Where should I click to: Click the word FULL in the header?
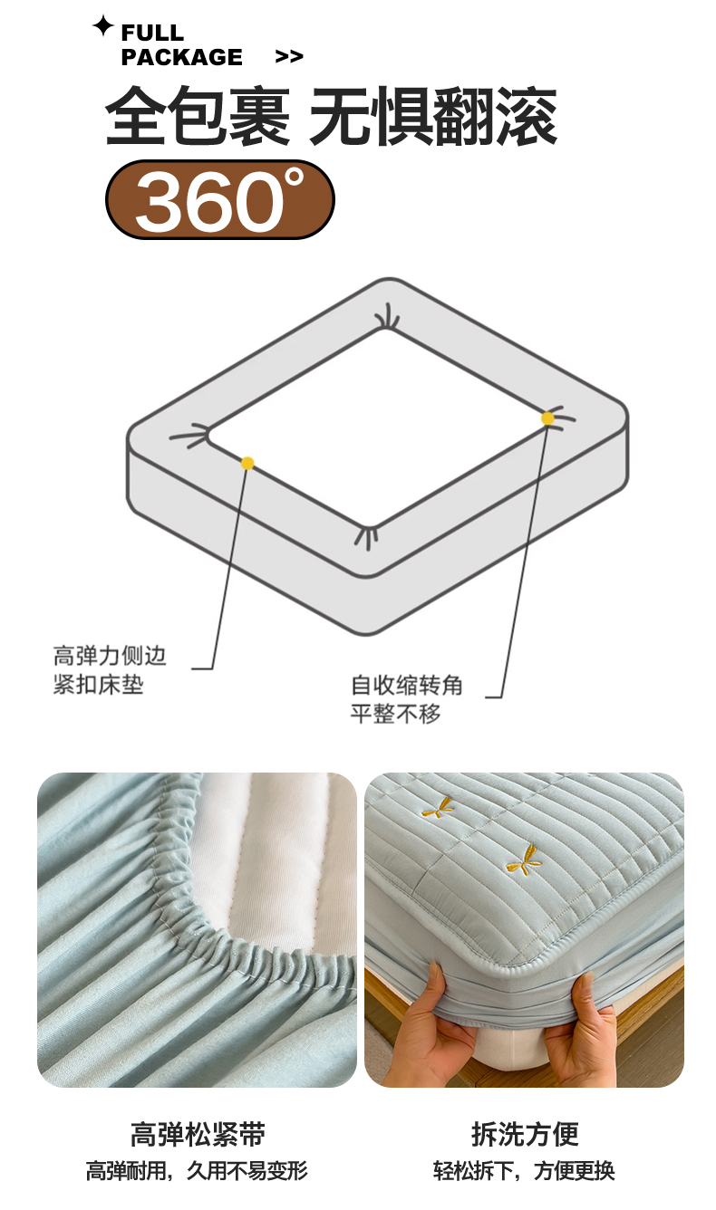click(152, 33)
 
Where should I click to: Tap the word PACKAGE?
click(181, 57)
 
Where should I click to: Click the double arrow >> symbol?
click(289, 56)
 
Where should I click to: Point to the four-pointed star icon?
click(102, 25)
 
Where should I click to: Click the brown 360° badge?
click(220, 199)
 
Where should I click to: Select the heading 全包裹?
click(198, 116)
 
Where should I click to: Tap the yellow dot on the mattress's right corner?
click(547, 418)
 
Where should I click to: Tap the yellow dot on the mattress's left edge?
click(247, 463)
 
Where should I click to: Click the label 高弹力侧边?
click(109, 656)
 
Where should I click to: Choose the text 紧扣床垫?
click(98, 685)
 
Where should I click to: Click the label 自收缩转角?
click(406, 685)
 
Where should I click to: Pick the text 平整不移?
click(395, 714)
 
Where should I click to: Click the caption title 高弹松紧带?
click(198, 1134)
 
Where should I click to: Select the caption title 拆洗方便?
click(526, 1134)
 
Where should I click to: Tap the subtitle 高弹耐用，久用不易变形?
click(197, 1170)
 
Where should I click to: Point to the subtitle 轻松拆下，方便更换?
click(524, 1170)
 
